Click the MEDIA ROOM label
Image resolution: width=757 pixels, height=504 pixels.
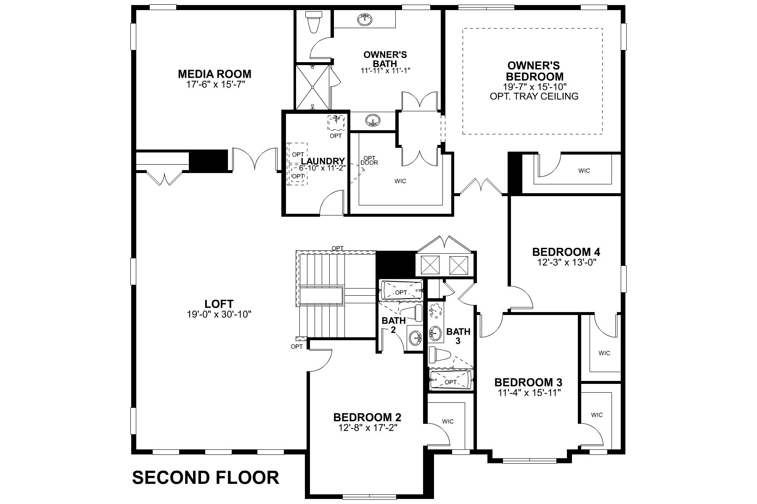214,74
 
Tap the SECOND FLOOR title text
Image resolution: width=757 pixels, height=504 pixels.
206,478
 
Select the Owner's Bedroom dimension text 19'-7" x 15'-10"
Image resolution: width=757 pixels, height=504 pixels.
534,87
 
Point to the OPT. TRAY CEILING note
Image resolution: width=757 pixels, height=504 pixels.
534,96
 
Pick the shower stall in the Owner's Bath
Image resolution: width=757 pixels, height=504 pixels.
313,87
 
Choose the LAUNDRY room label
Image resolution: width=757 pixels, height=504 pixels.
323,161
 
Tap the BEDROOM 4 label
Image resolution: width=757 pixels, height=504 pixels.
566,252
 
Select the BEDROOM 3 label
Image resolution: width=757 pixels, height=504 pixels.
528,383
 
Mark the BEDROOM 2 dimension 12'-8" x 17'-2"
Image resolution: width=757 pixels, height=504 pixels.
367,428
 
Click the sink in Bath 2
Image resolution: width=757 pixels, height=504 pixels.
416,337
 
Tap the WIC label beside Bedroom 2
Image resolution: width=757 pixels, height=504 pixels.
448,421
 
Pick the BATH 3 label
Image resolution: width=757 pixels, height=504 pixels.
458,336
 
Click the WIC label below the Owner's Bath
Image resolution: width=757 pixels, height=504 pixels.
400,181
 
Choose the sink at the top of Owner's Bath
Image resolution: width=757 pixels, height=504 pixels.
364,19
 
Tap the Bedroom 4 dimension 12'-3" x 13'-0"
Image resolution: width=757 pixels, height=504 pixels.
566,262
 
